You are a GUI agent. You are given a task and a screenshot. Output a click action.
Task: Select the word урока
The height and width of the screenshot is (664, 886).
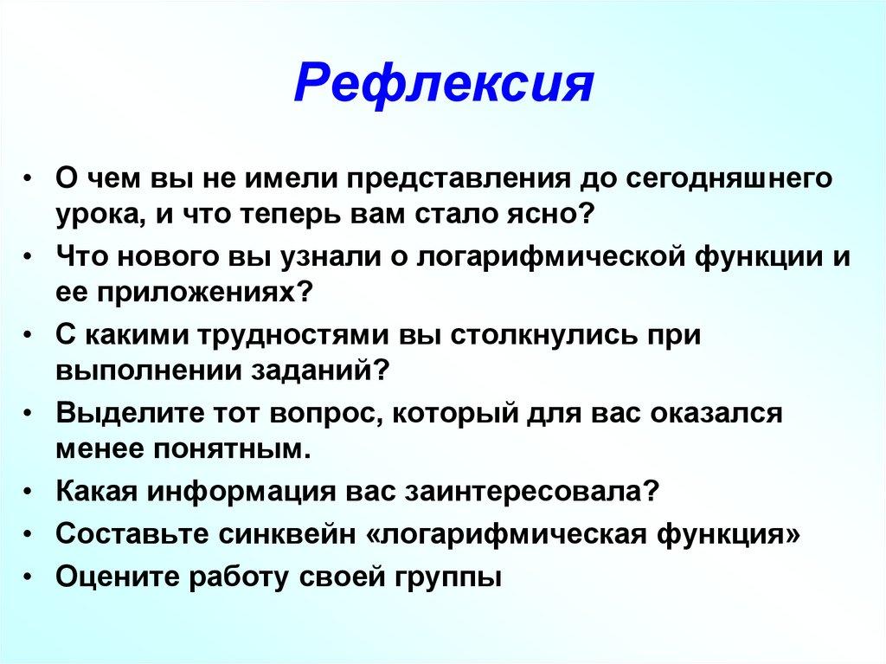pos(94,213)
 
